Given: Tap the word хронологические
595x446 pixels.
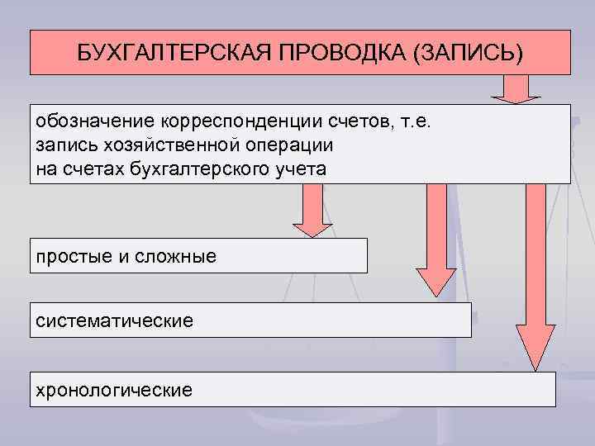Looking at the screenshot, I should pyautogui.click(x=113, y=388).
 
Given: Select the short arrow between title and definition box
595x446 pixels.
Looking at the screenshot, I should pyautogui.click(x=517, y=89).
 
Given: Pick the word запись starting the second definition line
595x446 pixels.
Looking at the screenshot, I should pyautogui.click(x=64, y=145).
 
